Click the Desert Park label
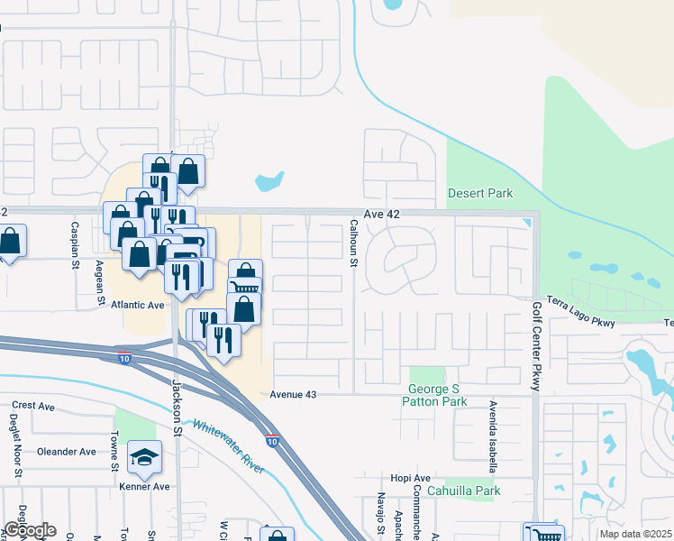tap(480, 193)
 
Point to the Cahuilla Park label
tap(464, 491)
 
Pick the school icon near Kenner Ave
tap(143, 459)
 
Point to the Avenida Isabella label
tap(493, 437)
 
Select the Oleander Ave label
tap(67, 452)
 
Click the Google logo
tap(30, 530)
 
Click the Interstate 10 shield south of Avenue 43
tap(271, 441)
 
